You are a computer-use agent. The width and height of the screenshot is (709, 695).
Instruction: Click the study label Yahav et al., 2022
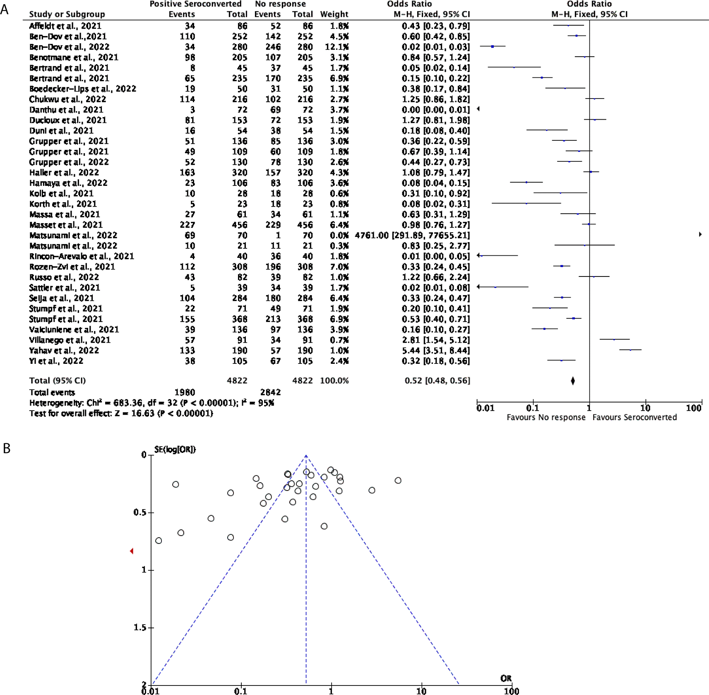click(64, 351)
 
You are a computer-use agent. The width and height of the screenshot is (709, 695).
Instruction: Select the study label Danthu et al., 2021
click(66, 110)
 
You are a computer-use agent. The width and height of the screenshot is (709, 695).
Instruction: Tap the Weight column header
click(334, 14)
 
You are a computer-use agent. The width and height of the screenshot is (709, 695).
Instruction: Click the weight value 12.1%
click(337, 47)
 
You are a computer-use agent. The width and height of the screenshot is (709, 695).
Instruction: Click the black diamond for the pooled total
click(573, 381)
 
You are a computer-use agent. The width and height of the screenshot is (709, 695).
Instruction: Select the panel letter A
click(5, 9)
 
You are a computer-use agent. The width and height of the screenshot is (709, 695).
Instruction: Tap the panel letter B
click(7, 448)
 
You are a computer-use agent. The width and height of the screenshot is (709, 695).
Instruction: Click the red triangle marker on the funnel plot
click(132, 551)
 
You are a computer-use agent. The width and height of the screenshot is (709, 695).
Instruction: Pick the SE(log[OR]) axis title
click(175, 449)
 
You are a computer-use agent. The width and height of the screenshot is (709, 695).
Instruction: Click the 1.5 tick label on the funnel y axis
click(140, 628)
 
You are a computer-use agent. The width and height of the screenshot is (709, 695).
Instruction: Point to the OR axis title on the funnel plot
click(506, 678)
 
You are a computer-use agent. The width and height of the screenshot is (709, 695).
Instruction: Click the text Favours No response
click(546, 417)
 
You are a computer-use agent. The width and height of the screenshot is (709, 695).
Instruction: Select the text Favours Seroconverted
click(634, 417)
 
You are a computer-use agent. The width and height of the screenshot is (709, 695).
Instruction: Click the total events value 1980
click(185, 392)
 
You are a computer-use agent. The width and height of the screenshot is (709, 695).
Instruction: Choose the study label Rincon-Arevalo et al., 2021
click(82, 256)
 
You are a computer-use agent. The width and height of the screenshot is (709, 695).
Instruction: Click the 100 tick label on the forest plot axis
click(694, 408)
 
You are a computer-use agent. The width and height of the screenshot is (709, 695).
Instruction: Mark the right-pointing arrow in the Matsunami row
click(700, 235)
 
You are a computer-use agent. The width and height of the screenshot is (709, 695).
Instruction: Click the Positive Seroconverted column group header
click(195, 4)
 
